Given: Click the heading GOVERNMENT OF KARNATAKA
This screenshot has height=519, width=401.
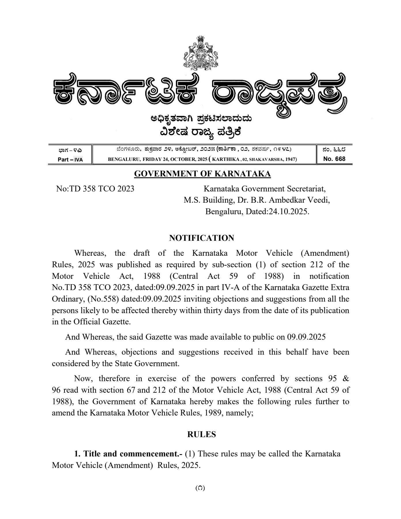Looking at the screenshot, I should [x=202, y=174].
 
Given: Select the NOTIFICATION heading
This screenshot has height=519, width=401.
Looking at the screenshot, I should [x=202, y=238].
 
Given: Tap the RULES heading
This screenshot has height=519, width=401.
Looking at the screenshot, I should [x=202, y=435].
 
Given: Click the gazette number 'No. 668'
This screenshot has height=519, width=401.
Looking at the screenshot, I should [x=334, y=159].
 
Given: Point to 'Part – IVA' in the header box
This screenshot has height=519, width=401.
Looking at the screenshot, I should [x=70, y=159].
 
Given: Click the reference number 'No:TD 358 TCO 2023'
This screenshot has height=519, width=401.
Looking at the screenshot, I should [x=95, y=189].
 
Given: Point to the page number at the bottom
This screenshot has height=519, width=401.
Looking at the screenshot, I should [x=200, y=488].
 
